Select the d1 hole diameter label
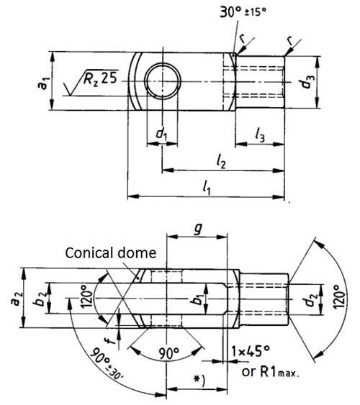click(161, 134)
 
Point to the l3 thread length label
click(262, 133)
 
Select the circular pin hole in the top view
click(162, 80)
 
